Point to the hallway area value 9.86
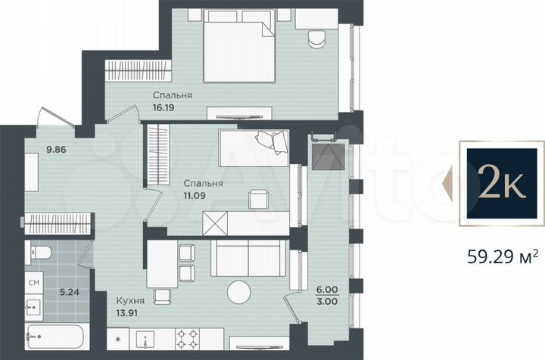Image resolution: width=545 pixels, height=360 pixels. click(x=36, y=150)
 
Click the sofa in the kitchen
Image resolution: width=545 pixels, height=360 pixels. click(x=238, y=260)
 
